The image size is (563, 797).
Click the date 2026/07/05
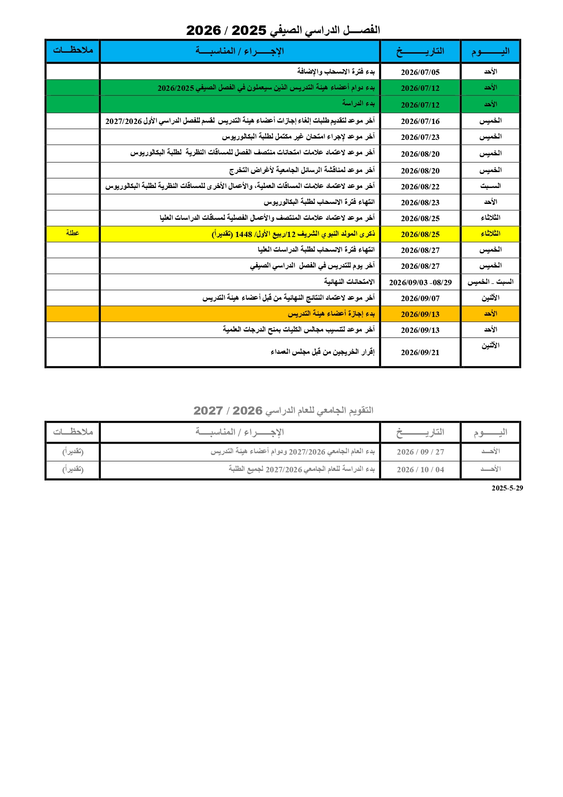(x=420, y=72)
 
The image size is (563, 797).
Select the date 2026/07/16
(x=420, y=121)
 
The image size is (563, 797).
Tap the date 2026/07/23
(x=420, y=137)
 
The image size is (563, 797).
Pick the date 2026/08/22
(x=420, y=187)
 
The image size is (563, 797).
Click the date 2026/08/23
(x=420, y=203)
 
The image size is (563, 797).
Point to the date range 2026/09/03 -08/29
(x=420, y=282)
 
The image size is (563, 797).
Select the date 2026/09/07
(x=420, y=298)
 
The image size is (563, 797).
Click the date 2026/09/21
(x=420, y=352)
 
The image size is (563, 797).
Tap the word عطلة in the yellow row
(x=73, y=233)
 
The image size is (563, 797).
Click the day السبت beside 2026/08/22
(x=490, y=186)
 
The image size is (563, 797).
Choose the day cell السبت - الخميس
(x=490, y=282)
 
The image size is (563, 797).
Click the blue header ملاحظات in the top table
(x=73, y=50)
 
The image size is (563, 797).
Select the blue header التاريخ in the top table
(x=420, y=51)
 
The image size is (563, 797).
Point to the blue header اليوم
(x=490, y=51)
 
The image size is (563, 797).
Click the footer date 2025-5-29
(x=507, y=488)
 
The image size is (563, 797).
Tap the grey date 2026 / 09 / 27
(x=420, y=452)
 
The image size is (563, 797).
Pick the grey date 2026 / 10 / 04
(x=420, y=470)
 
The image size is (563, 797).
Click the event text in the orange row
(x=331, y=314)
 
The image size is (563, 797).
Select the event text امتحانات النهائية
(x=349, y=282)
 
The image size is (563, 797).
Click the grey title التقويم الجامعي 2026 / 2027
(x=283, y=411)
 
